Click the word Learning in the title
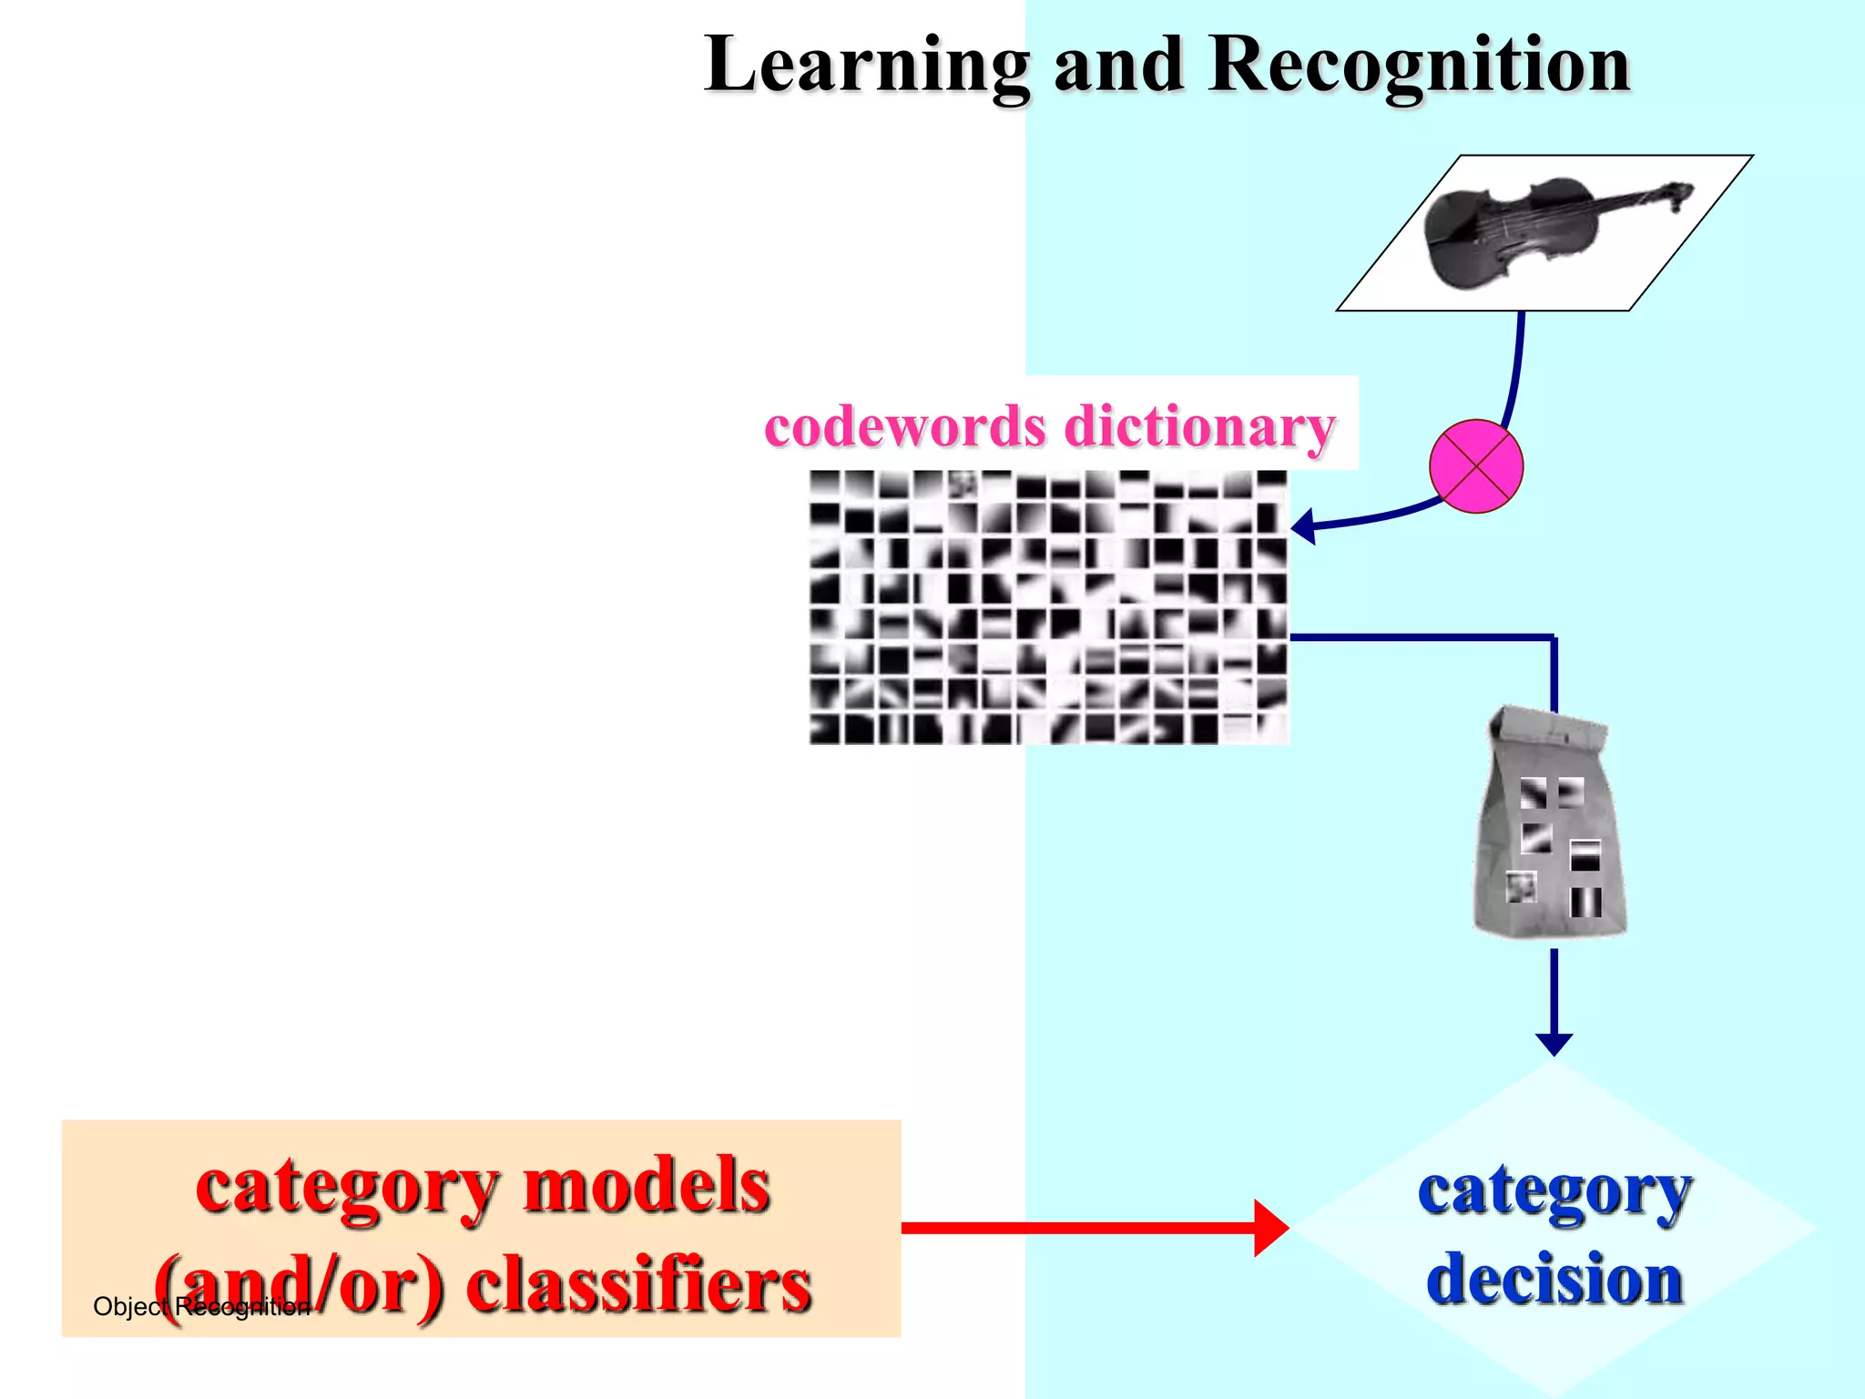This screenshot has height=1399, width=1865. [x=867, y=66]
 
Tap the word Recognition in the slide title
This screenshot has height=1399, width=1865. [x=1419, y=66]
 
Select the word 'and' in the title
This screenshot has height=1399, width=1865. [x=1118, y=66]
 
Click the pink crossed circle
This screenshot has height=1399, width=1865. [x=1475, y=465]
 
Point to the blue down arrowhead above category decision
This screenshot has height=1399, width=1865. [x=1554, y=1044]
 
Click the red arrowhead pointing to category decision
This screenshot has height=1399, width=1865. [x=1271, y=1228]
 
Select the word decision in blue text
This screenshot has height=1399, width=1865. [x=1554, y=1279]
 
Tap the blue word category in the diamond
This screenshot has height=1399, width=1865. [x=1554, y=1191]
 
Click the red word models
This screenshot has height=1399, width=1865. [x=647, y=1186]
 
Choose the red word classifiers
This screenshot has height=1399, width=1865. [x=637, y=1284]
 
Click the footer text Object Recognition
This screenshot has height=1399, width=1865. [x=200, y=1307]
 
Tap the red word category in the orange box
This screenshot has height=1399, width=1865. [x=346, y=1186]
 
